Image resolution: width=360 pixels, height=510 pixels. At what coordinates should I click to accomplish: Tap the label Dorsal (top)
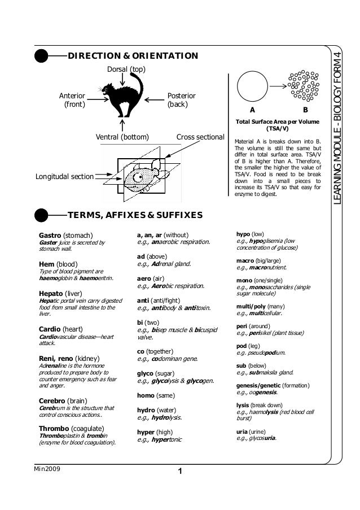126,69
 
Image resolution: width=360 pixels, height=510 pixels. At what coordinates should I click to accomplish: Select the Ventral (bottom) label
122,137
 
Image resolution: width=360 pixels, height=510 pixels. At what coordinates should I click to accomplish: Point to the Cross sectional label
200,137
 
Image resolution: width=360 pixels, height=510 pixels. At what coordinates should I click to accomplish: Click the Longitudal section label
64,177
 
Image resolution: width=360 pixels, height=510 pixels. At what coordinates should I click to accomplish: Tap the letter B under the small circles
305,110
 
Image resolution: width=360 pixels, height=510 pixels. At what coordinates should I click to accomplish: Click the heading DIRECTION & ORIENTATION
133,56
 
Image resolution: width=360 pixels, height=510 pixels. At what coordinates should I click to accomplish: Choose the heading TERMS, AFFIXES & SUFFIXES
135,215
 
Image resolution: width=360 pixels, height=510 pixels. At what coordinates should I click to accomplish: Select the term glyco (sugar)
156,374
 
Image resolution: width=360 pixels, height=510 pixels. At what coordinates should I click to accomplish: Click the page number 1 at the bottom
179,472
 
